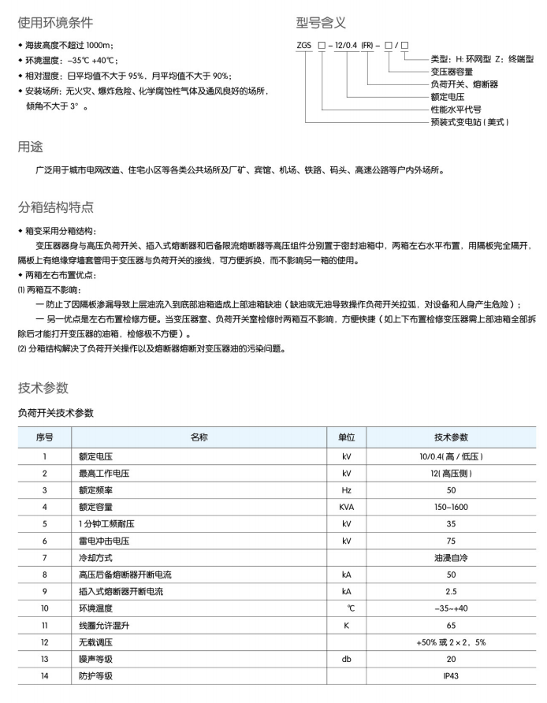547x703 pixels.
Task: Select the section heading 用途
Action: click(x=31, y=147)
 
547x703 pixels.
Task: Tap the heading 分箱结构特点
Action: click(x=56, y=207)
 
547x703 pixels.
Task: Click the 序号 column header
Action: click(x=44, y=437)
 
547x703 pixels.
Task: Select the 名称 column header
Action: click(x=199, y=437)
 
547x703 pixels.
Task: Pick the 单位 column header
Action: click(x=347, y=437)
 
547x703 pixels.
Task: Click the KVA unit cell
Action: click(x=347, y=508)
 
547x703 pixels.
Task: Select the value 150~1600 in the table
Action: click(x=452, y=508)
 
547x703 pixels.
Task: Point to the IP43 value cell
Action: click(x=452, y=676)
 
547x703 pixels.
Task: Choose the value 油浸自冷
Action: click(x=452, y=558)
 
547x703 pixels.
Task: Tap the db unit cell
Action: click(x=347, y=660)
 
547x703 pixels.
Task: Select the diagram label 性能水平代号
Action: click(x=456, y=109)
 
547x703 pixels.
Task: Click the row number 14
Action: click(x=44, y=676)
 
